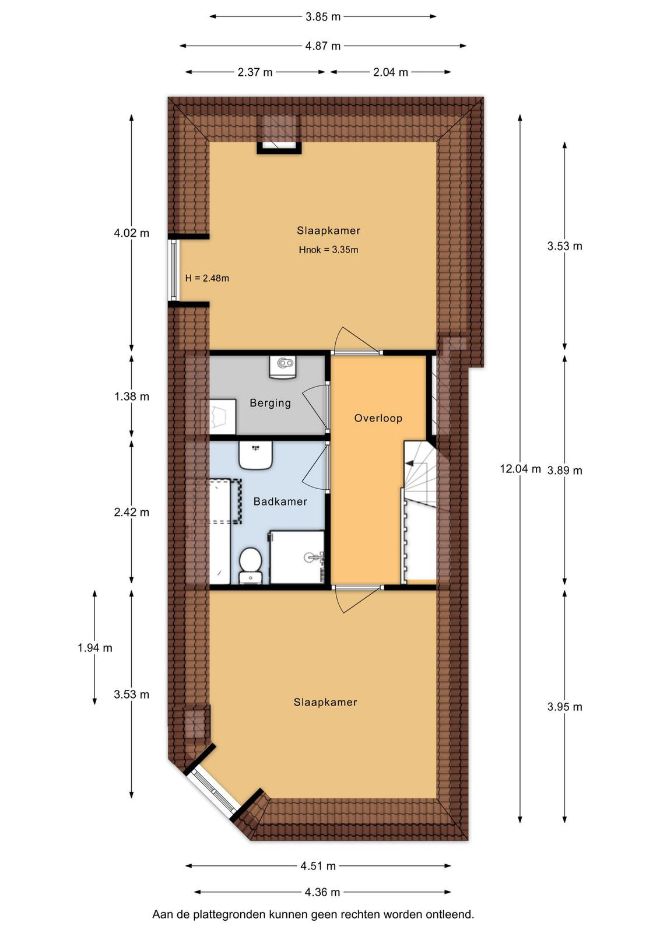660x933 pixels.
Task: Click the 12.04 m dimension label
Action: click(x=520, y=469)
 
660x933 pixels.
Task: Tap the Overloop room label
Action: click(x=378, y=418)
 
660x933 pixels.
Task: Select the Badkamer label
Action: click(x=280, y=501)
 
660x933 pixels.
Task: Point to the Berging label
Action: click(x=271, y=403)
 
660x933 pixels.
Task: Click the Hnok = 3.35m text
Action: click(x=329, y=250)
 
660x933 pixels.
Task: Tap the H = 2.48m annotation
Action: click(x=207, y=278)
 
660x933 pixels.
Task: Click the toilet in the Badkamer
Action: click(x=250, y=565)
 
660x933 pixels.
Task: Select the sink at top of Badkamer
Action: click(x=256, y=455)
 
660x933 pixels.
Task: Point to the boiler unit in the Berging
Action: click(x=283, y=367)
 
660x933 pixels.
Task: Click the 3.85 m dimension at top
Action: click(x=323, y=17)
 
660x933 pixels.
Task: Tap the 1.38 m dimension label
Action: click(x=132, y=397)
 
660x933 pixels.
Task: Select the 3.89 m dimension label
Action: click(x=564, y=471)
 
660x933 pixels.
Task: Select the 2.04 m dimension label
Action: click(x=390, y=72)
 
